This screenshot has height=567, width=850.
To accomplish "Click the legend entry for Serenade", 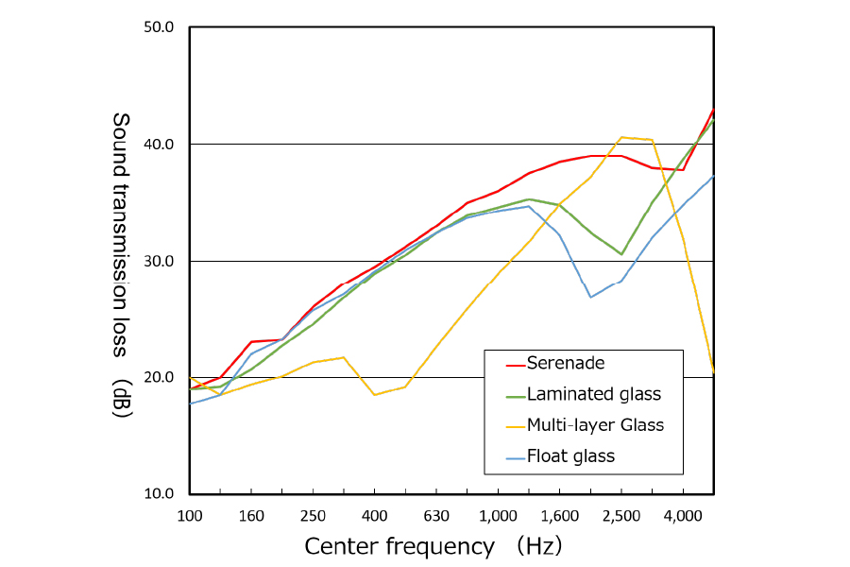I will (566, 363).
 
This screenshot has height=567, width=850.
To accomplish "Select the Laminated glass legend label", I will (594, 394).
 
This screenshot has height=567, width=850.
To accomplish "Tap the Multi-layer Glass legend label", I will (595, 425).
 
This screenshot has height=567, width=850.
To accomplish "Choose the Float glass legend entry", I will (570, 456).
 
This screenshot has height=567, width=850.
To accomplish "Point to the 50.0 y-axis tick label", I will (158, 26).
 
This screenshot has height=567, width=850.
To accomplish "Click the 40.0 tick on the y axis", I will (158, 144).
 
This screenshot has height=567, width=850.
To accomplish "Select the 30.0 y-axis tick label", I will (158, 261).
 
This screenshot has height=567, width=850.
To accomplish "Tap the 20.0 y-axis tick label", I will (158, 377).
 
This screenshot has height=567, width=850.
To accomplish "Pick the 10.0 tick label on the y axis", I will (158, 494).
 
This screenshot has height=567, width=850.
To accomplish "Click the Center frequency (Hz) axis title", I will (433, 546).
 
